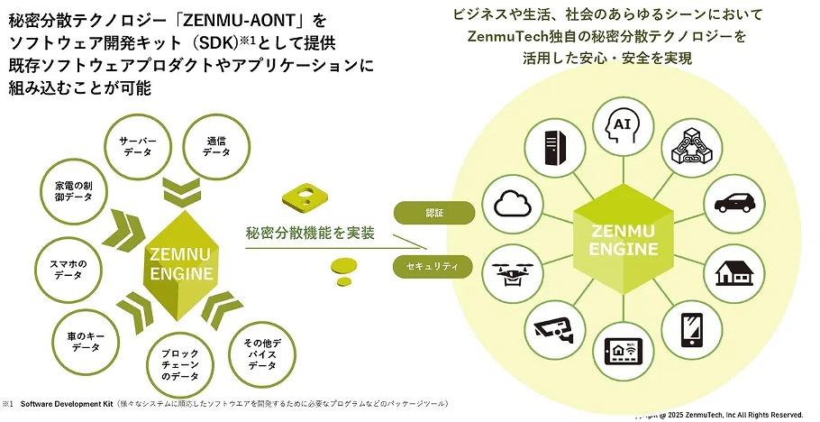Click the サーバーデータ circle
pos(138,148)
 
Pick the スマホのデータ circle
pos(68,270)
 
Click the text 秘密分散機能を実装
pos(310,234)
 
